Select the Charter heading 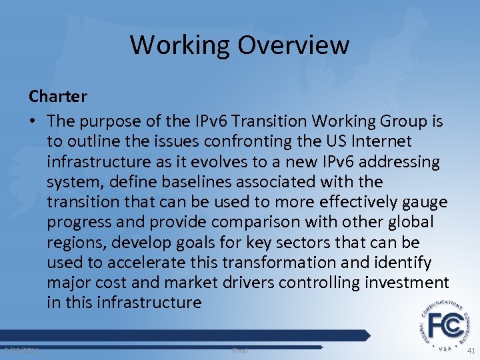click(58, 97)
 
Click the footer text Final click(239, 350)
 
